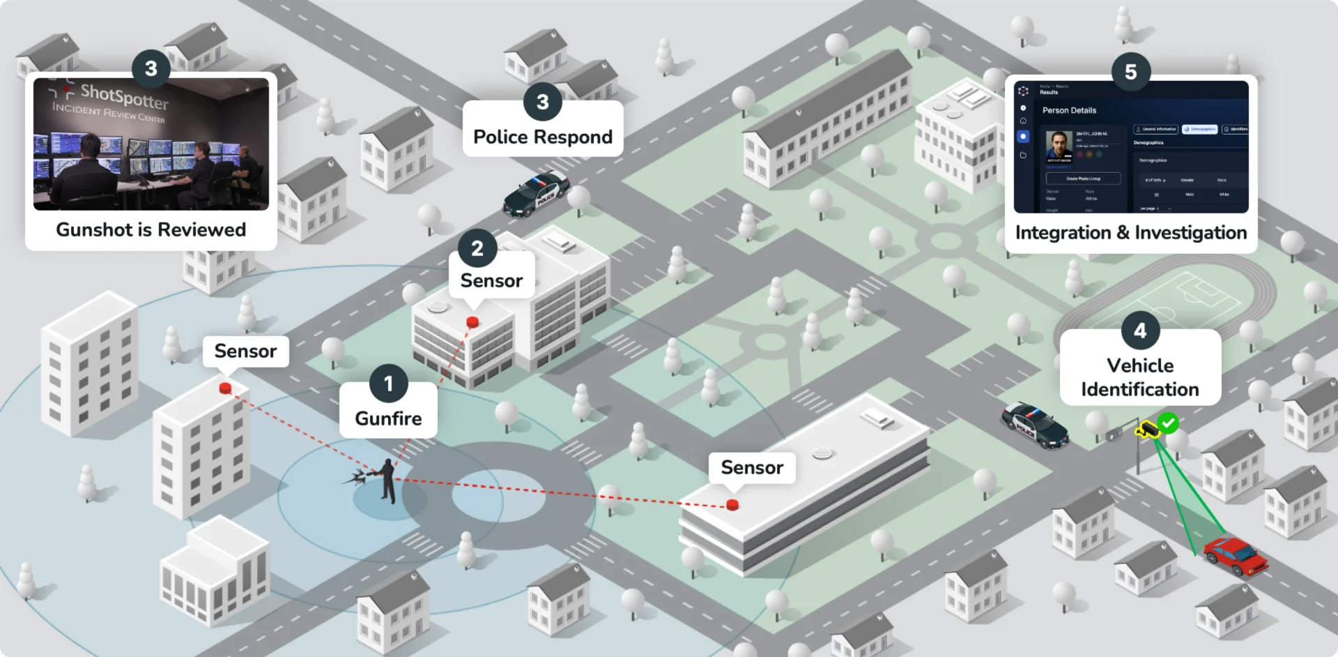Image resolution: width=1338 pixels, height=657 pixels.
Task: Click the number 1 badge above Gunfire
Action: tap(388, 384)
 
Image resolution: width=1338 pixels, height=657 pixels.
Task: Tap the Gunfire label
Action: tap(388, 418)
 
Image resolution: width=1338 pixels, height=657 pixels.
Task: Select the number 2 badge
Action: tap(477, 248)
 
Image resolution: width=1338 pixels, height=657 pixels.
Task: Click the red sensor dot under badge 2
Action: tap(472, 322)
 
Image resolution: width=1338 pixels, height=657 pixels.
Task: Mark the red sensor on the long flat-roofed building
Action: tap(732, 504)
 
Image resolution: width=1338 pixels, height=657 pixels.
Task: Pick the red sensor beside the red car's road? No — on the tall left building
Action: tap(225, 388)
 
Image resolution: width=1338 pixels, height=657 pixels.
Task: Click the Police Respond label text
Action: tap(543, 137)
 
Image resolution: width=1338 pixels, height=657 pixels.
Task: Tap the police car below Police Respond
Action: tap(537, 193)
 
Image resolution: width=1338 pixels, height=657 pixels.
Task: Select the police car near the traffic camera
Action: tap(1035, 424)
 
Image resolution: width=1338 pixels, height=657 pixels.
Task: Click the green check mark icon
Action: tap(1169, 423)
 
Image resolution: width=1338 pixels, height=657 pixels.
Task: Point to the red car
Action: tap(1236, 556)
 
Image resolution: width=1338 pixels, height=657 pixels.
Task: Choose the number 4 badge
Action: tap(1140, 331)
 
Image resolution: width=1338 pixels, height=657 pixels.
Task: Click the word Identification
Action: tap(1140, 389)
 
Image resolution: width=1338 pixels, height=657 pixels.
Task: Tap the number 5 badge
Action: tap(1130, 72)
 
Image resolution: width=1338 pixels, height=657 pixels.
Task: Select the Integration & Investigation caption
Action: tap(1130, 233)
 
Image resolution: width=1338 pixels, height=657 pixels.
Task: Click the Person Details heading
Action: tap(1069, 110)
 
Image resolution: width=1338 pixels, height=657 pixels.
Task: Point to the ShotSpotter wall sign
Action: tap(123, 96)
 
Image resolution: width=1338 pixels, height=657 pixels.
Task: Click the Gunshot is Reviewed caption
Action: tap(151, 230)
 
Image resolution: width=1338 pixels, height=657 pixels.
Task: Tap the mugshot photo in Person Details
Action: tap(1059, 146)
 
